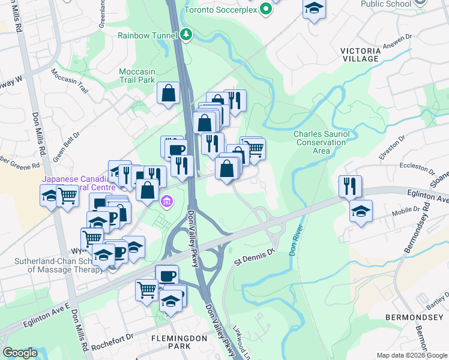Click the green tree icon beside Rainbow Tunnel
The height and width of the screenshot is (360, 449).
[x=187, y=35]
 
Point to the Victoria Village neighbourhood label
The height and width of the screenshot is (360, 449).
[x=360, y=55]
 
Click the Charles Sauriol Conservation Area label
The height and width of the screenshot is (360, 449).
[x=320, y=142]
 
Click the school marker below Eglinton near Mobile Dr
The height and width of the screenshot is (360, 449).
[x=361, y=211]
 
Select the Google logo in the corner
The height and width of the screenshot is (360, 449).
[x=20, y=353]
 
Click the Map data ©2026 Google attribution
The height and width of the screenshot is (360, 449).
[x=412, y=355]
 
